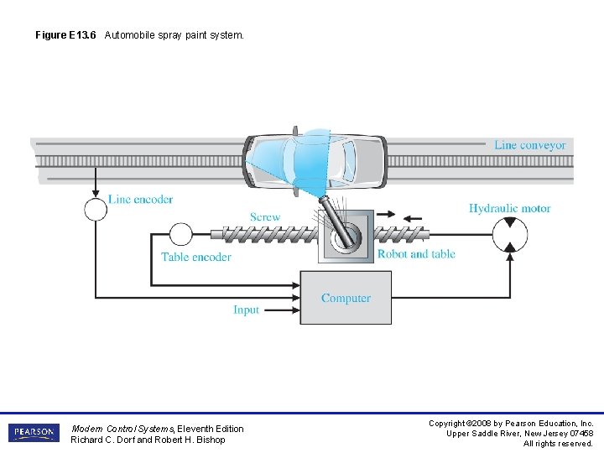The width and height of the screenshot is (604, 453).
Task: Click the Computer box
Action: [346, 298]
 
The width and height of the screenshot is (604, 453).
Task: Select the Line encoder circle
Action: [96, 209]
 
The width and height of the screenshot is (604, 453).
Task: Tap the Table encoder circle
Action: [181, 234]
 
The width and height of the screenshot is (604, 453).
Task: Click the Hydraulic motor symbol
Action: [509, 234]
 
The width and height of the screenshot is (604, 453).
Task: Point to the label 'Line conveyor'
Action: [529, 145]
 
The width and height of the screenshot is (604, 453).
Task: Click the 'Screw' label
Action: [264, 217]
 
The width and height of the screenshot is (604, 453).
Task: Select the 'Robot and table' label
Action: [416, 254]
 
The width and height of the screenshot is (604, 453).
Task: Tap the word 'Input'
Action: [246, 310]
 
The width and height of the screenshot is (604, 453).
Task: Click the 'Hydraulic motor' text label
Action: [509, 208]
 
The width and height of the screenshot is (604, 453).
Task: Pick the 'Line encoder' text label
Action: [140, 200]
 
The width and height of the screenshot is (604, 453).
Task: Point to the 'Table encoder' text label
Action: [195, 257]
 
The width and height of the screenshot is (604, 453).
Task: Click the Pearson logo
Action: [34, 433]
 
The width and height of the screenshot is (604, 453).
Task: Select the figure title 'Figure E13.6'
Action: [65, 35]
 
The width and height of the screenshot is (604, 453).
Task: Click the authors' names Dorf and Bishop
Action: [148, 440]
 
